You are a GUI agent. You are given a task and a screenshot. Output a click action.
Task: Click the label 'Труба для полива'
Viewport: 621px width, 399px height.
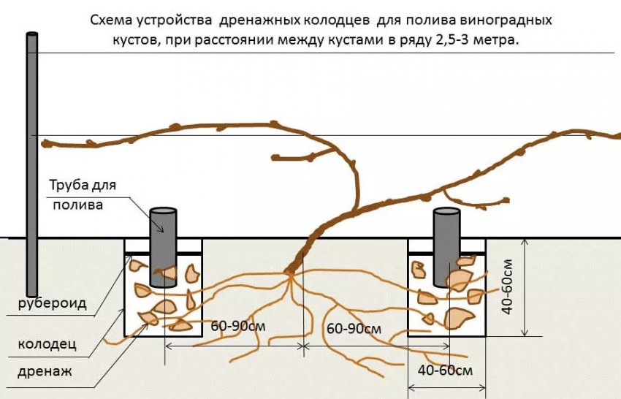[83, 194]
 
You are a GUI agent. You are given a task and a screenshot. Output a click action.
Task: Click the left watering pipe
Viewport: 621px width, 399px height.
[164, 248]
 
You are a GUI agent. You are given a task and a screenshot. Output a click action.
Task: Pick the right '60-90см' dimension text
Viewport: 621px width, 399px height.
[354, 328]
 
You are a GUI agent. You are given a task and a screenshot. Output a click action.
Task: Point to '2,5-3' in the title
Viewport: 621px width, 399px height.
[457, 41]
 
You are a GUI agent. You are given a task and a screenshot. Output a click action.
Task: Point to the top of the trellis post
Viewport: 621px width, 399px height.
[31, 35]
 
